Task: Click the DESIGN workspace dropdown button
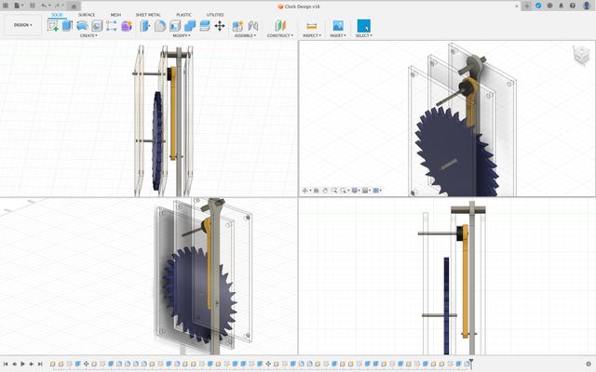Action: pos(22,25)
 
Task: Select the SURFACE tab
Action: pos(86,15)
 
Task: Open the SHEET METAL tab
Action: pos(148,15)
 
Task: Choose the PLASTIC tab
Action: pos(184,15)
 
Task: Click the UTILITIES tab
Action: pos(215,15)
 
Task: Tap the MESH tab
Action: pos(115,15)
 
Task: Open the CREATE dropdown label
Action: pos(89,35)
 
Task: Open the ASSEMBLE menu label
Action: pos(246,35)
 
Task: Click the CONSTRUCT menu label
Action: pos(279,35)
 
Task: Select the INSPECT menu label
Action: pos(311,35)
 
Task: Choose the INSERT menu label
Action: pos(337,35)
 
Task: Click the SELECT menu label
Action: pos(363,35)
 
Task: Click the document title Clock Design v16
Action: pos(299,6)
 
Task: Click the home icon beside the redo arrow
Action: pos(74,6)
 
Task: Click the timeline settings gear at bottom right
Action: pos(589,364)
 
